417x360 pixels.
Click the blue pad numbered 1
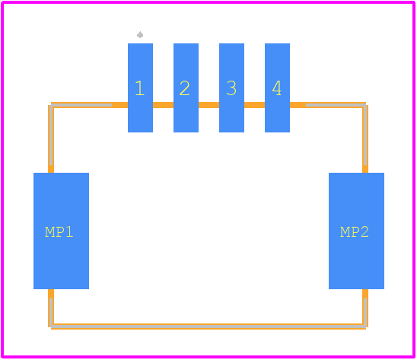click(x=140, y=88)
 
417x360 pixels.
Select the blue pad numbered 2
click(x=186, y=88)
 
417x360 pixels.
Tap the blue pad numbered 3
click(x=231, y=88)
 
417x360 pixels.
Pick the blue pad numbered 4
click(x=277, y=88)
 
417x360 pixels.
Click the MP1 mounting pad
click(x=61, y=231)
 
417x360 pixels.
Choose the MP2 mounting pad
click(x=356, y=231)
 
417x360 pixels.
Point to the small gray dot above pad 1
click(x=140, y=35)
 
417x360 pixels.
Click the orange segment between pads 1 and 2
click(x=164, y=105)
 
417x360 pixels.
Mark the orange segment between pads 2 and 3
click(x=208, y=105)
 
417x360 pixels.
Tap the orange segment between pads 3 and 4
click(x=254, y=105)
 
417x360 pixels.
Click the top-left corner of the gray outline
click(x=51, y=105)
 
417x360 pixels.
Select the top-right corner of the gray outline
click(x=365, y=105)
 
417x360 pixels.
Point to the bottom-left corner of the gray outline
click(x=51, y=326)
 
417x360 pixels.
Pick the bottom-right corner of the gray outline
click(x=365, y=326)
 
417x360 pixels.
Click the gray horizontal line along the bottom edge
click(x=208, y=326)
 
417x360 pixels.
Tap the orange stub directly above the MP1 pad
click(x=51, y=169)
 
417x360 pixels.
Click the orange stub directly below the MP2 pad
click(x=365, y=294)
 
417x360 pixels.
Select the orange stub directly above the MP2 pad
click(x=365, y=169)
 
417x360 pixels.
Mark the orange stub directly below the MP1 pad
click(x=51, y=294)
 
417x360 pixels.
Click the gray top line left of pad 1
click(x=81, y=105)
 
